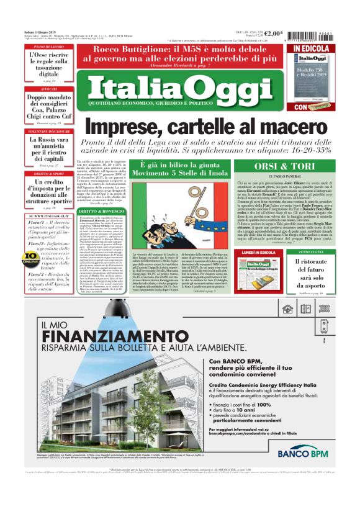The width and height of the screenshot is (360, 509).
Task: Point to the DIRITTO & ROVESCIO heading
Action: tap(96, 212)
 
